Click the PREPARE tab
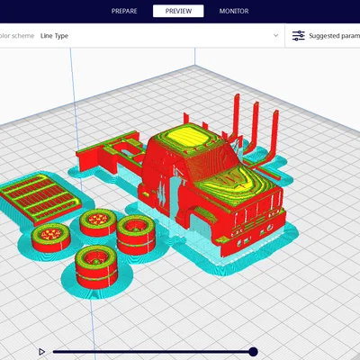(x=124, y=11)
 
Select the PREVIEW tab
(x=178, y=11)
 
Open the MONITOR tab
(x=234, y=11)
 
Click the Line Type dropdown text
(x=54, y=36)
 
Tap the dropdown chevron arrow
(x=275, y=35)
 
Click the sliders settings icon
(x=299, y=36)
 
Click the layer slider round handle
(x=253, y=352)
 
